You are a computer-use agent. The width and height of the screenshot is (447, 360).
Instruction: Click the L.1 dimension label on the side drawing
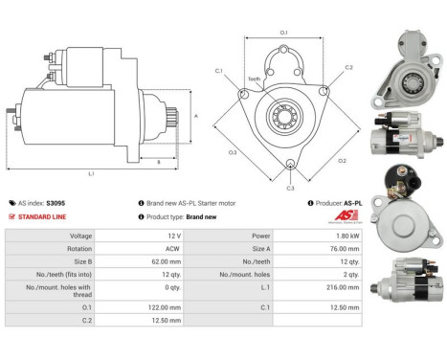click(91, 173)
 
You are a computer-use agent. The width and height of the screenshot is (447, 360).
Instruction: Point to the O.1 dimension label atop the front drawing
click(283, 34)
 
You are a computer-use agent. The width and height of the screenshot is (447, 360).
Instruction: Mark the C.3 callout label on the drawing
click(290, 188)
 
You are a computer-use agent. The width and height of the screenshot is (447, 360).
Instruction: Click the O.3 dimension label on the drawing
click(232, 152)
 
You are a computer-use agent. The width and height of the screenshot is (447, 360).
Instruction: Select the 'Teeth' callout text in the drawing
click(254, 79)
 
